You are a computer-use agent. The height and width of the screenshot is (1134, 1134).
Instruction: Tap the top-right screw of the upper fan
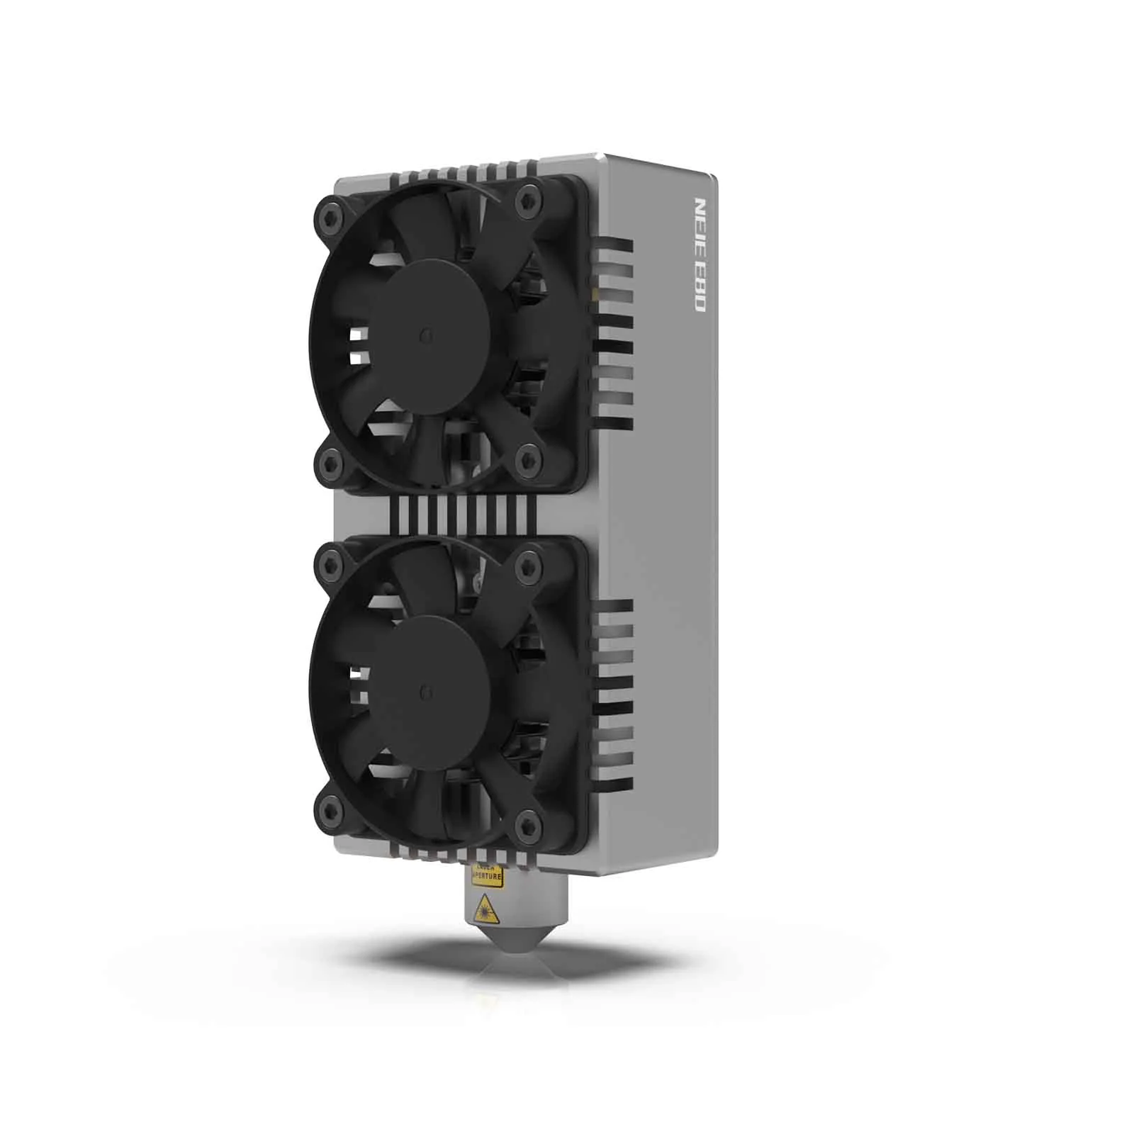(x=526, y=198)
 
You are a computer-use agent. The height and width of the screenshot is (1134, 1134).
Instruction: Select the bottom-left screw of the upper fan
(x=329, y=464)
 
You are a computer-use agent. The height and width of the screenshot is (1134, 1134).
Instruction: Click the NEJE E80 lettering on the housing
(x=697, y=255)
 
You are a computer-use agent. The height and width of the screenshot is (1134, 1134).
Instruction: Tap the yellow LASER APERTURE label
(x=487, y=877)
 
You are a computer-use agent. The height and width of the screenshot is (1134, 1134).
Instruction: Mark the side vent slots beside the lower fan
(x=614, y=695)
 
